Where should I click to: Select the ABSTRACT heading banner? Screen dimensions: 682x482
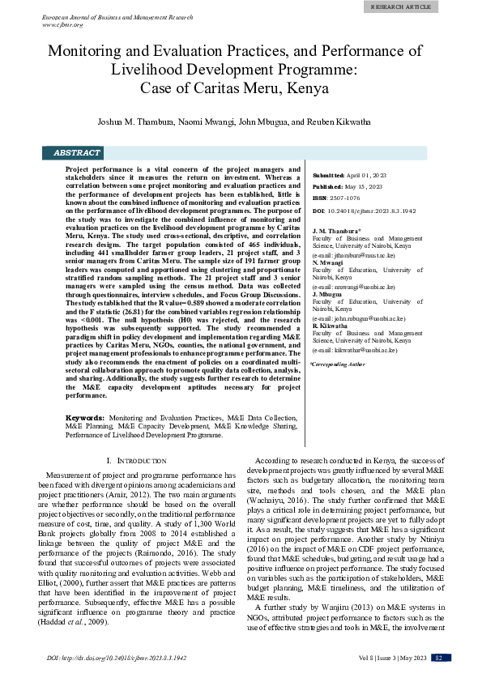(x=77, y=152)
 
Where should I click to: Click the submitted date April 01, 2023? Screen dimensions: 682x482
(x=367, y=175)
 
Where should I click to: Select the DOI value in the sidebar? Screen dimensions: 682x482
(x=375, y=210)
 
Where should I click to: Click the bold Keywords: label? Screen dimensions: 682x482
(x=84, y=416)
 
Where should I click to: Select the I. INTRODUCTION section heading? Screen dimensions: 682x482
(x=132, y=460)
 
